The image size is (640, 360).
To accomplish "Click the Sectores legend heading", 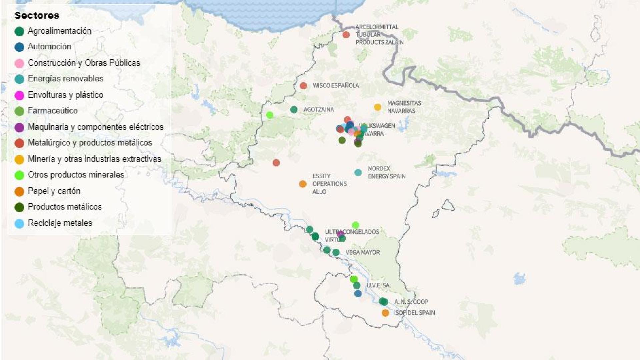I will (x=37, y=15).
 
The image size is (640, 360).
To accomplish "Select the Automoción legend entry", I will (x=49, y=47).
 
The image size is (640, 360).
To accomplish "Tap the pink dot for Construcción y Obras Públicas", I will (x=19, y=63).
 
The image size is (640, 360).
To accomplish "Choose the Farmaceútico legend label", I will (x=52, y=111).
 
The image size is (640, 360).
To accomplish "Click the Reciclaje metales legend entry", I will (x=60, y=223).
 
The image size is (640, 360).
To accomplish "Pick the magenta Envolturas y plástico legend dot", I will (x=19, y=95).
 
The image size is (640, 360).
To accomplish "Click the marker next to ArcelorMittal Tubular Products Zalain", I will (x=346, y=35).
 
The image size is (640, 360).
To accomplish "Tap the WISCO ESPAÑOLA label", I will (x=336, y=86).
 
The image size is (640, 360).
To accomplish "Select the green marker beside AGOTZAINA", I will (x=294, y=110).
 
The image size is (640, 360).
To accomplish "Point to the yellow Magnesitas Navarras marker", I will (x=377, y=107).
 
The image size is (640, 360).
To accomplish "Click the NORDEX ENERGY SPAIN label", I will (x=386, y=172).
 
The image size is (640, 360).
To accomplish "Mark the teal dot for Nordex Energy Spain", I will (x=358, y=173).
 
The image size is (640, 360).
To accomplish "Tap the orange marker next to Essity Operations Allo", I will (x=303, y=184).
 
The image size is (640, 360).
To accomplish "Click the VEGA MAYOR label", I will (x=362, y=252).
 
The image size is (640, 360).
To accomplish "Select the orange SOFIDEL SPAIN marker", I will (x=385, y=313).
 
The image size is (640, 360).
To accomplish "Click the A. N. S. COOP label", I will (x=411, y=302).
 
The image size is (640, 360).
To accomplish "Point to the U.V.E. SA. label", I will (x=378, y=285).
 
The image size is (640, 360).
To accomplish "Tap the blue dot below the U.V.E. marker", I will (x=358, y=294).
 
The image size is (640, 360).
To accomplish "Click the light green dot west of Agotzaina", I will (x=270, y=115).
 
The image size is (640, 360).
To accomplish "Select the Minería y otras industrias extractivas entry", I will (x=94, y=159).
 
